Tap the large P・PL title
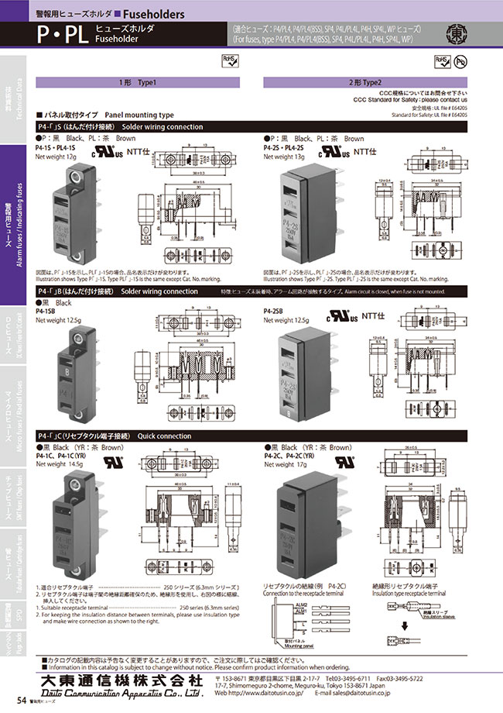[60, 34]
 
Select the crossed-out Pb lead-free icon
[460, 60]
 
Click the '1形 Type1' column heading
[139, 83]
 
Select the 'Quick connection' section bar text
[164, 437]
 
